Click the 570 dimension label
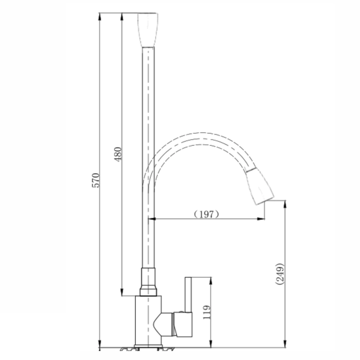click(x=96, y=180)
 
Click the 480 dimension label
click(x=118, y=154)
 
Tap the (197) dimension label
click(x=207, y=215)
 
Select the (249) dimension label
click(x=280, y=274)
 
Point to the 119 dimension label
click(x=207, y=312)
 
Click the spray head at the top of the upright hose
click(x=148, y=30)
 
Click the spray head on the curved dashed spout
click(x=260, y=186)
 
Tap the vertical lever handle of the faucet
click(x=188, y=295)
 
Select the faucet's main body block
click(x=148, y=320)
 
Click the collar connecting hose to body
click(x=148, y=282)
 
